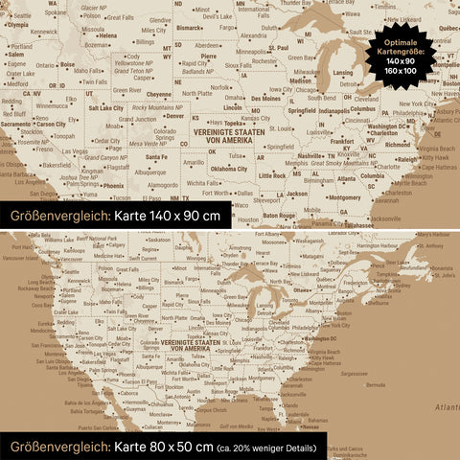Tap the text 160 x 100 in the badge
pos(402,70)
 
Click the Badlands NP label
pos(197,71)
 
